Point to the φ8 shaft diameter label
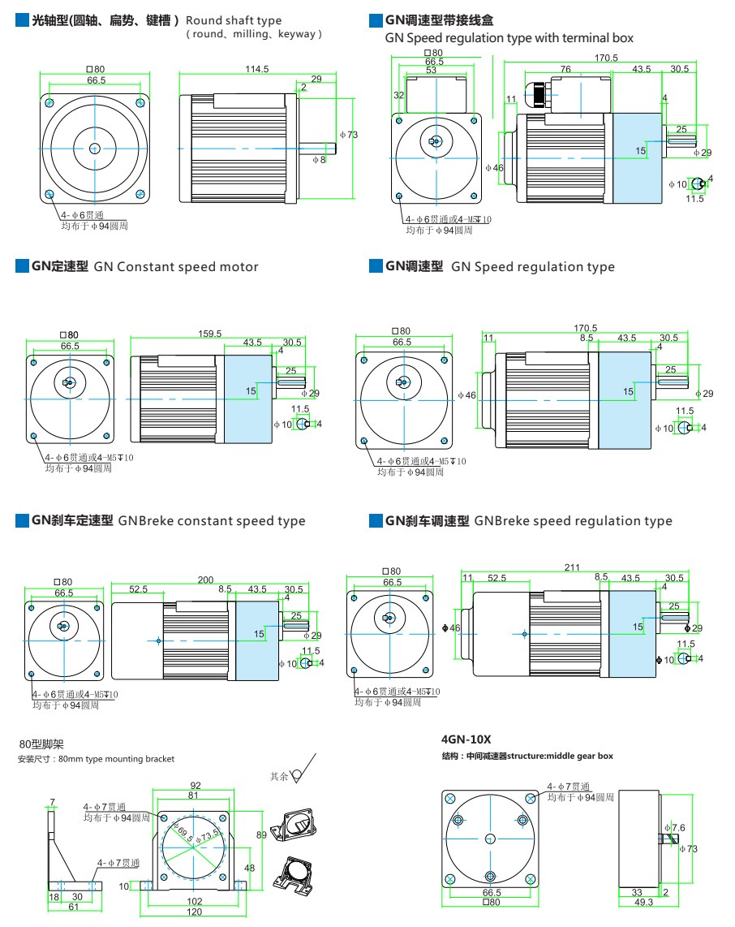(x=320, y=161)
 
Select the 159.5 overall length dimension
(x=210, y=334)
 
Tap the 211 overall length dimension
(x=573, y=568)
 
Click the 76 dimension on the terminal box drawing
(x=565, y=70)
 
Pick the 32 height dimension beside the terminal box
(x=398, y=96)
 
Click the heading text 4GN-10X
(x=466, y=739)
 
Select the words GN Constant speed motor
(x=176, y=267)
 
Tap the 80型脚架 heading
(x=41, y=743)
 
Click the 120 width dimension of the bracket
(x=195, y=913)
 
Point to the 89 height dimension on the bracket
(x=261, y=834)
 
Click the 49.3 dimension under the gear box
(x=643, y=902)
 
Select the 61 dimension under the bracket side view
(x=73, y=907)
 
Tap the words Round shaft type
(x=234, y=20)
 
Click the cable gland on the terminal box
(x=539, y=93)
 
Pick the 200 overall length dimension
(x=205, y=580)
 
